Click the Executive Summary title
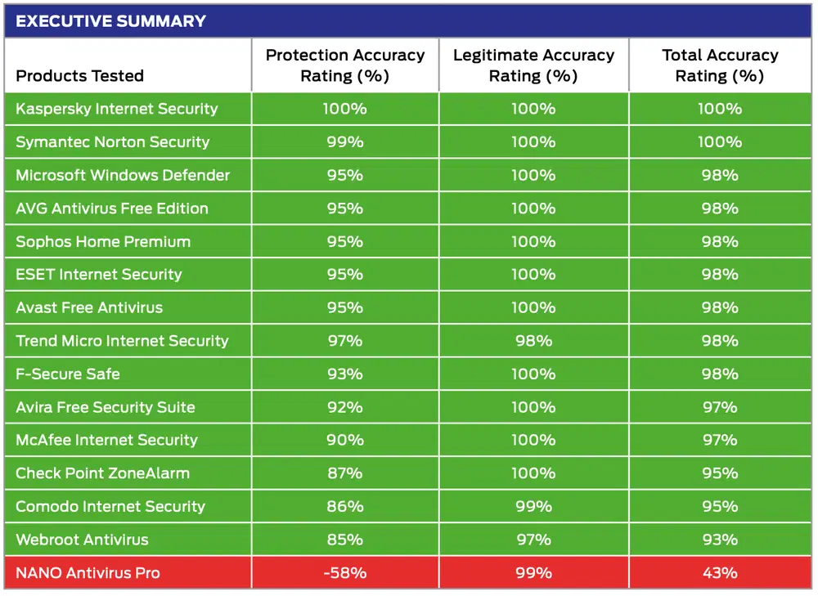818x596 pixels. coord(111,21)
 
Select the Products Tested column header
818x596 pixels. coord(80,76)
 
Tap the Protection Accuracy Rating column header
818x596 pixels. coord(345,65)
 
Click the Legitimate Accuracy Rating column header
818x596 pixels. coord(533,65)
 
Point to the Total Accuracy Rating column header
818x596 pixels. coord(720,65)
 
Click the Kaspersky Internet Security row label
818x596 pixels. coord(117,109)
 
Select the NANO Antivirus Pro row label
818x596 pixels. coord(88,573)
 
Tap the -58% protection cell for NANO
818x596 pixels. coord(344,573)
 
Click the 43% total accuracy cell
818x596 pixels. coord(720,573)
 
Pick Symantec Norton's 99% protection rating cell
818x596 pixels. coord(344,142)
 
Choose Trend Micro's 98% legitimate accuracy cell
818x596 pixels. coord(533,341)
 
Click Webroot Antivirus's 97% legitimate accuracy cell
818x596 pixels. coord(533,540)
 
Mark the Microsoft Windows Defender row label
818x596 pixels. coord(123,175)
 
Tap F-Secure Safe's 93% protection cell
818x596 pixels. coord(344,374)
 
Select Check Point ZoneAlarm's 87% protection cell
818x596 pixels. coord(344,473)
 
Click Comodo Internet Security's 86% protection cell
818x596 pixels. coord(344,507)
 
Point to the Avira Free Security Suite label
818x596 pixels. coord(106,407)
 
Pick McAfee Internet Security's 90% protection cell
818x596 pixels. coord(344,441)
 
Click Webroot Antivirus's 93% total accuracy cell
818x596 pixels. coord(720,540)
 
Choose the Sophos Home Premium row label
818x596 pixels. coord(103,242)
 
